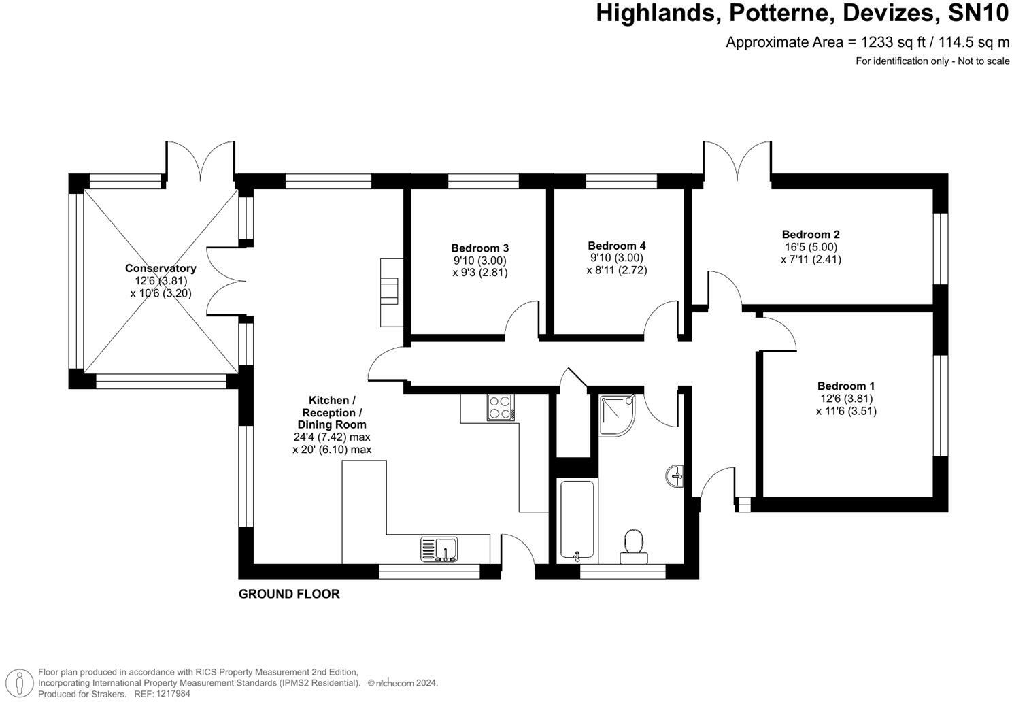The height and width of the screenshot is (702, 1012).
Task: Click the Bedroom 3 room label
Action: pos(479,248)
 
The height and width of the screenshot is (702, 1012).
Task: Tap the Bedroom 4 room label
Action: pos(617,246)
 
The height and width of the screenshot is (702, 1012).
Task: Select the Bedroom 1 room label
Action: pos(846,386)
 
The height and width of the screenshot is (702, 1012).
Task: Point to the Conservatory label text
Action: pos(161,268)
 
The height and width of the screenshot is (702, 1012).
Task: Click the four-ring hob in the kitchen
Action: pos(501,407)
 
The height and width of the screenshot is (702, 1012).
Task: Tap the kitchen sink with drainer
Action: pos(439,549)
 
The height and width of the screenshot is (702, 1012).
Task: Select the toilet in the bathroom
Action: pos(634,546)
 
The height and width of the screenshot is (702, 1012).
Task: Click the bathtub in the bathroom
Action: pos(577,520)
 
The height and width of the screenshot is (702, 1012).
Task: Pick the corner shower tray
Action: pos(617,415)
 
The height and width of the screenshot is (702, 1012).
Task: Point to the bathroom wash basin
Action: pos(675,476)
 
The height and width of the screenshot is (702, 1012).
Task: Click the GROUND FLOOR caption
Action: pos(289,594)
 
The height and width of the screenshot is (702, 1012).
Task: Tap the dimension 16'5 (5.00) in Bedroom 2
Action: pos(811,247)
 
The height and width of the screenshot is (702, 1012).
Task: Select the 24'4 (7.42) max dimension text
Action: pos(332,437)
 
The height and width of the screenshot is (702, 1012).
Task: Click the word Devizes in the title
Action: pos(889,13)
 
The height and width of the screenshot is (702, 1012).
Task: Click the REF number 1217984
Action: pos(173,693)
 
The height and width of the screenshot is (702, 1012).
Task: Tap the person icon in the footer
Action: pos(20,682)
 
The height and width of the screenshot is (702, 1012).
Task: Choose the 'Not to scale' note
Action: pos(983,61)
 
